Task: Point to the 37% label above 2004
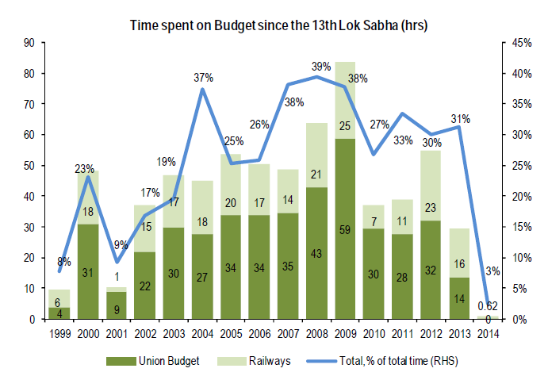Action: click(x=204, y=77)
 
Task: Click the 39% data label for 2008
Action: click(x=320, y=66)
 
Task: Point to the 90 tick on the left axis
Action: click(x=31, y=43)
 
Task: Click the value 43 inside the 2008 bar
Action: click(x=317, y=252)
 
